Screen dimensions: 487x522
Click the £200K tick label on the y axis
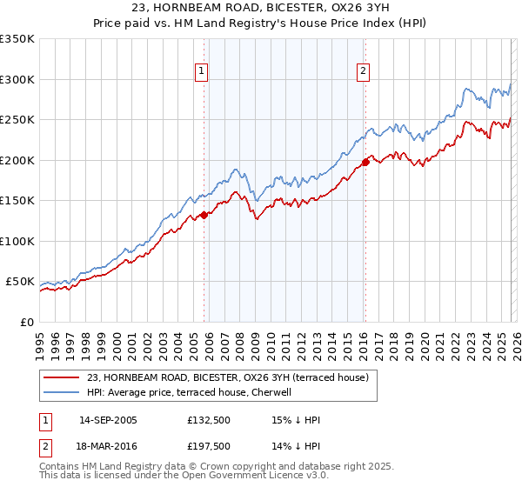pyautogui.click(x=17, y=160)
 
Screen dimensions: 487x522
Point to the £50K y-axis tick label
pyautogui.click(x=20, y=282)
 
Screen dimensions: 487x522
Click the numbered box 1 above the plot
pyautogui.click(x=201, y=72)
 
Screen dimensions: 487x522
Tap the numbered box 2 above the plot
pyautogui.click(x=362, y=72)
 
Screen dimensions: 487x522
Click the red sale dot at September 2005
pyautogui.click(x=204, y=215)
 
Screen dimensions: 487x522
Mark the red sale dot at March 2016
pyautogui.click(x=365, y=162)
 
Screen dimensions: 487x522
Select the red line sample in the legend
pyautogui.click(x=61, y=377)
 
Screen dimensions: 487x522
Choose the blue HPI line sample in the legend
pyautogui.click(x=61, y=392)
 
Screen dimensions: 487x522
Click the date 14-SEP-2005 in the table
pyautogui.click(x=108, y=420)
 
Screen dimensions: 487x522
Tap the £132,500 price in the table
pyautogui.click(x=210, y=420)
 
